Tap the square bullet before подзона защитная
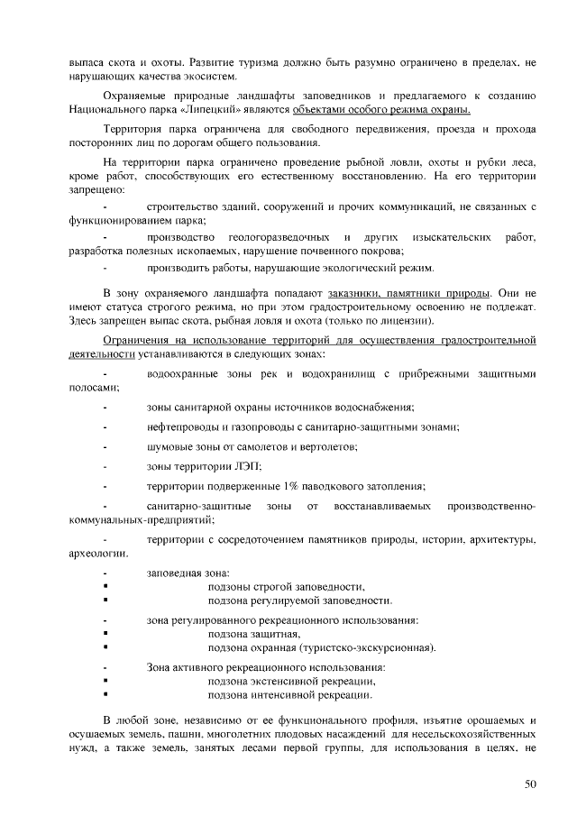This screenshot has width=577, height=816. coord(106,634)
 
